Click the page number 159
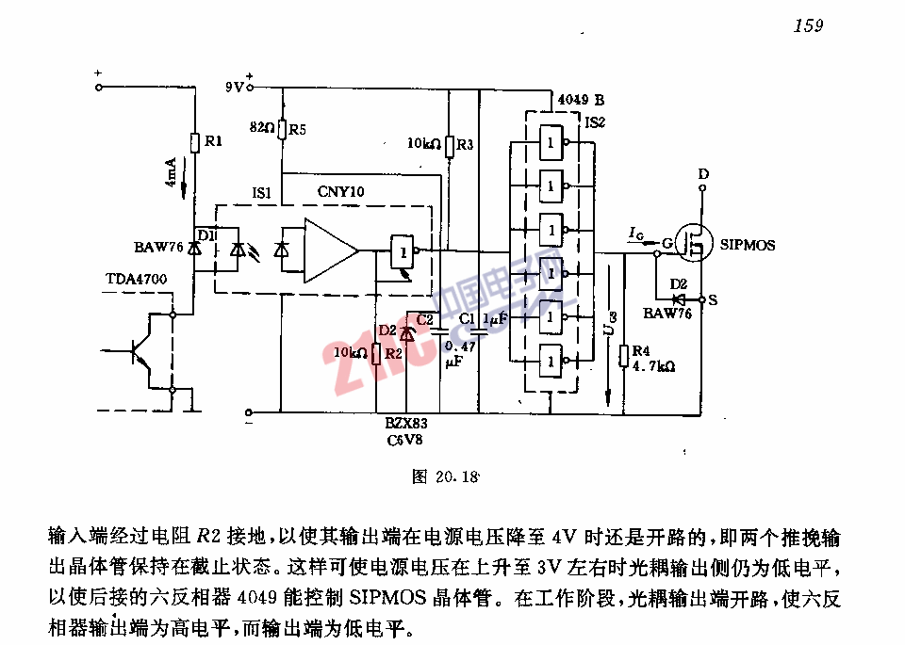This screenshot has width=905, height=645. click(808, 25)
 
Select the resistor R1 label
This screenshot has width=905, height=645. click(213, 142)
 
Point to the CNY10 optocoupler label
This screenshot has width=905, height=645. click(340, 192)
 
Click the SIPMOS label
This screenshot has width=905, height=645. click(748, 245)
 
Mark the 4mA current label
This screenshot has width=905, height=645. click(171, 171)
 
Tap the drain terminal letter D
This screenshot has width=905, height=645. click(703, 175)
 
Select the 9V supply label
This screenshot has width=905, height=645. click(234, 88)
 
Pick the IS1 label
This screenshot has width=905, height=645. click(261, 192)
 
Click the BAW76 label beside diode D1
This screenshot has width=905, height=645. click(156, 248)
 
